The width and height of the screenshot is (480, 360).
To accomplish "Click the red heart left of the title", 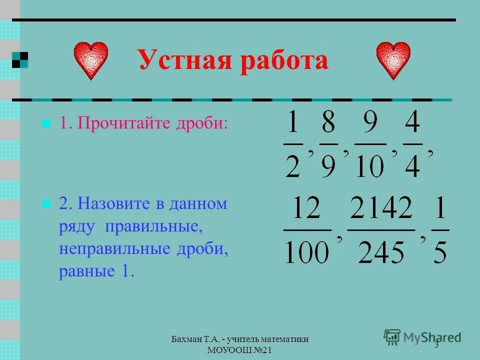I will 91,60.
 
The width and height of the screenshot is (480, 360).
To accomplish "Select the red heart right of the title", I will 393,60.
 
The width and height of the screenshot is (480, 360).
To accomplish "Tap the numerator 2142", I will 381,208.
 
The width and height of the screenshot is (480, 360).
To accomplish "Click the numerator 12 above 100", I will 306,208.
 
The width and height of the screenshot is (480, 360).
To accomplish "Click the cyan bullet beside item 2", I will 46,203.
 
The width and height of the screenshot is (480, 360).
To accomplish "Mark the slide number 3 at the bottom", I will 436,346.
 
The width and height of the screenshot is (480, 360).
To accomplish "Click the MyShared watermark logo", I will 422,336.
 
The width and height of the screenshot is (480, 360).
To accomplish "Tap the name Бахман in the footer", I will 186,339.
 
